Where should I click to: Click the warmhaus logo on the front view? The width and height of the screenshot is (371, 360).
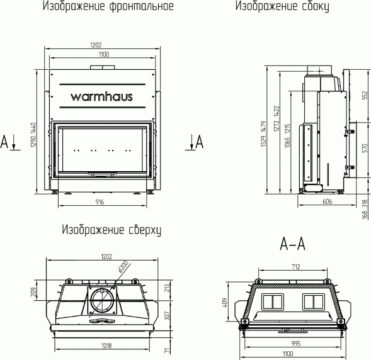(100, 98)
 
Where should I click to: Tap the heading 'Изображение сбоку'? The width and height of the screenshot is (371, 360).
(282, 8)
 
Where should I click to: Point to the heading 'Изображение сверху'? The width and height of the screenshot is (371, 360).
(111, 230)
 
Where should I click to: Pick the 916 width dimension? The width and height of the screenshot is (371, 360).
(100, 201)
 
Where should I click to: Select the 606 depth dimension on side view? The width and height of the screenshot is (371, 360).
(327, 201)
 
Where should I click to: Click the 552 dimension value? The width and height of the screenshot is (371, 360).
(363, 94)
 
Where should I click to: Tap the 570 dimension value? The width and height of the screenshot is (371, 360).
(363, 149)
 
